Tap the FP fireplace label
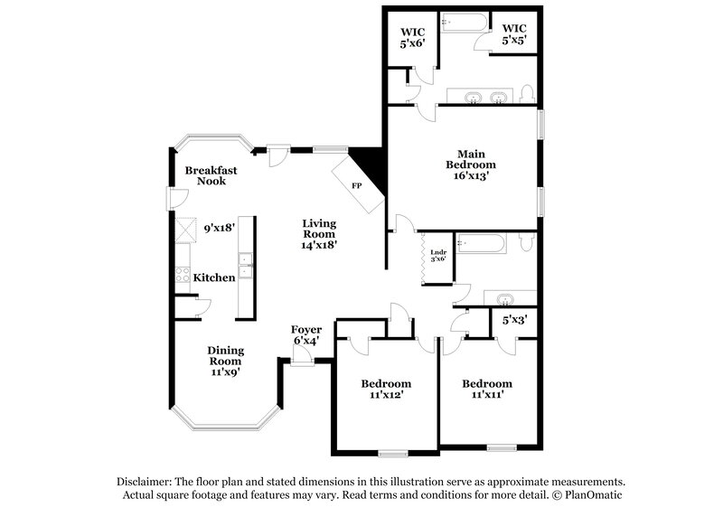[356, 185]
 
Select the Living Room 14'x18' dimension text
[319, 244]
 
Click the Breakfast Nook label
[205, 175]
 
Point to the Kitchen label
[214, 277]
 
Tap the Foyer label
[306, 329]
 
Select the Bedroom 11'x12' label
[386, 389]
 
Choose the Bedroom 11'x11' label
[486, 389]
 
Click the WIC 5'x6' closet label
[412, 36]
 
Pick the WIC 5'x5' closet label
[514, 34]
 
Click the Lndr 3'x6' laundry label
[437, 255]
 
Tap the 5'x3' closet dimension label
[515, 319]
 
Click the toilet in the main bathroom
[529, 95]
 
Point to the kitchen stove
[180, 277]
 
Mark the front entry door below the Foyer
[302, 360]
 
